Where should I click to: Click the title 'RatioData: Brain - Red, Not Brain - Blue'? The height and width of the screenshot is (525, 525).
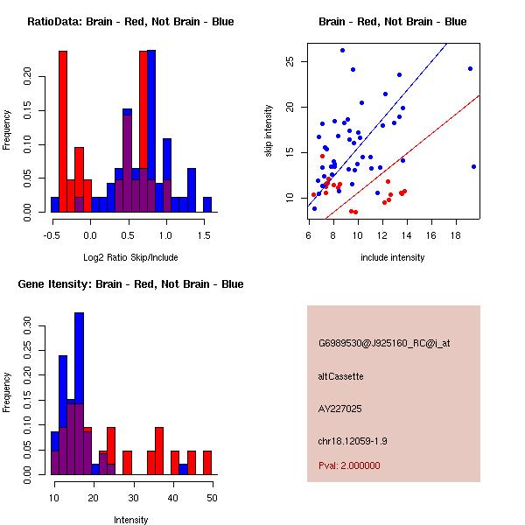point(129,22)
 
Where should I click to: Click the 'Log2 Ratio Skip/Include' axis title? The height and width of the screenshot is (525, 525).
point(129,257)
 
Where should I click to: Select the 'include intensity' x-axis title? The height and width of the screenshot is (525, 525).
point(393,257)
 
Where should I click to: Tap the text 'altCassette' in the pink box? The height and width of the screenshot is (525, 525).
point(341,376)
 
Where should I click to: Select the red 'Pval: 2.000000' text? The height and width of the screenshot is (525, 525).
point(350,465)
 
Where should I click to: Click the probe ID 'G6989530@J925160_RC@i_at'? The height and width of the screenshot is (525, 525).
point(384,344)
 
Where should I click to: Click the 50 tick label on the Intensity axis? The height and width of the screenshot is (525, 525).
point(211,497)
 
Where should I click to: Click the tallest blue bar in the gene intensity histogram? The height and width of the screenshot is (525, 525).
point(79,394)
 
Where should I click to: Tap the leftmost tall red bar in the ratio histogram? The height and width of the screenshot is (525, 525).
point(63,131)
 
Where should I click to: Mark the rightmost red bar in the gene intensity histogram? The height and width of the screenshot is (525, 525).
point(207,463)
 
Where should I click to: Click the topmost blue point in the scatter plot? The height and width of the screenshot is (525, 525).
point(342,50)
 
